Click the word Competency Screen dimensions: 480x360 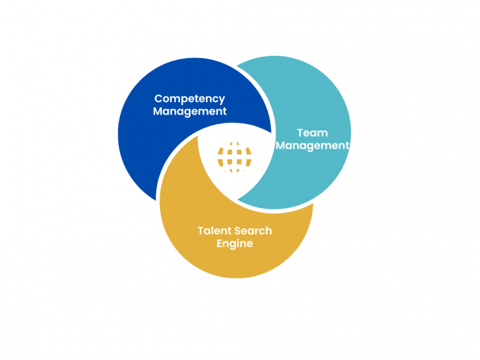(190, 99)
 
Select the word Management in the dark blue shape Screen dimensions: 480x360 (190, 112)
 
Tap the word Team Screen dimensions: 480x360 (312, 133)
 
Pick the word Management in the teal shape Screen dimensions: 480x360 (312, 146)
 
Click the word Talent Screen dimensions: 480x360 (214, 230)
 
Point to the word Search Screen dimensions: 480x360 (253, 230)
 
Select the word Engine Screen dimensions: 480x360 (235, 244)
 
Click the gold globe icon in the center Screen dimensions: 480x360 (235, 157)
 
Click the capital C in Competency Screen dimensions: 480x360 (159, 98)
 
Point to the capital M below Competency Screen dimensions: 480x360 (158, 111)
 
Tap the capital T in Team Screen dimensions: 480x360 (301, 133)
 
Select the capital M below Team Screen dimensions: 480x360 (281, 145)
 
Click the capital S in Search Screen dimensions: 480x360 (238, 231)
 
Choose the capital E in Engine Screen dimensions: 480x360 (220, 244)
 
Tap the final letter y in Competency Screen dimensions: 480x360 (221, 100)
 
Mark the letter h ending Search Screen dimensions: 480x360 (269, 231)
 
